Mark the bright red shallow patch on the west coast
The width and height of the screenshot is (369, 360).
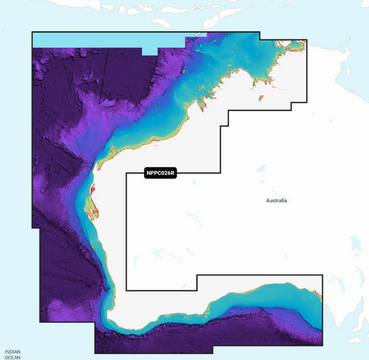click(x=92, y=191)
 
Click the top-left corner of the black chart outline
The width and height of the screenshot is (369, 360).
click(x=32, y=32)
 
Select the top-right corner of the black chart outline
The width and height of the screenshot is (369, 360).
click(x=307, y=39)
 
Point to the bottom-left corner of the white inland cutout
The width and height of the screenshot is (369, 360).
click(x=127, y=290)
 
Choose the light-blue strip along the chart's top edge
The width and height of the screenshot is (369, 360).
click(x=108, y=39)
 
